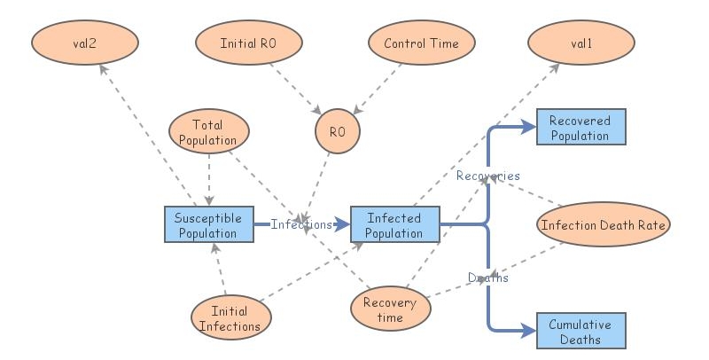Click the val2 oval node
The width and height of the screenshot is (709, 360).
[85, 43]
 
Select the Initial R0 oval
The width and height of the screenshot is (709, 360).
[249, 43]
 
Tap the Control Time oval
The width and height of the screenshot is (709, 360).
[422, 43]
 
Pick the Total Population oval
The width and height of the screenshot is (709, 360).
[208, 132]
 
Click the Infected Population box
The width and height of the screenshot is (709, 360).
[394, 225]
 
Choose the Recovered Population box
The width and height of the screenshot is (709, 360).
[580, 128]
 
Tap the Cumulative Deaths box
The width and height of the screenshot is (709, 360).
[580, 331]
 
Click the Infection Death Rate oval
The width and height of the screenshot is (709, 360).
[603, 225]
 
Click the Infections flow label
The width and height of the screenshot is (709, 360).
[301, 225]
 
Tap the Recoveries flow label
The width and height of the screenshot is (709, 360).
[487, 176]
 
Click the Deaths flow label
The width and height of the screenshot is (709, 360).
[488, 278]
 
